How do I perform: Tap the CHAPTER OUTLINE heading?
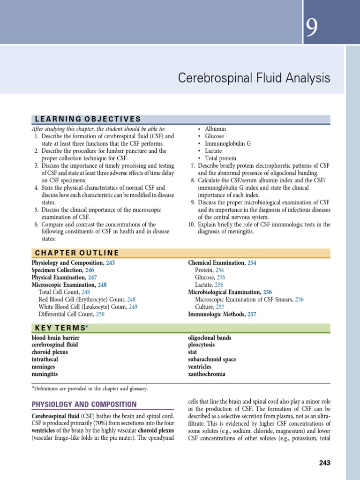pyautogui.click(x=77, y=253)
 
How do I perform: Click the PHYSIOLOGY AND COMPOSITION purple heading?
pyautogui.click(x=84, y=404)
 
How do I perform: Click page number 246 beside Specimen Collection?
pyautogui.click(x=89, y=270)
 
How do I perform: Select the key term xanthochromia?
pyautogui.click(x=207, y=374)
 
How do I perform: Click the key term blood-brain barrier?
pyautogui.click(x=55, y=337)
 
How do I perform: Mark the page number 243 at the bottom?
pyautogui.click(x=324, y=463)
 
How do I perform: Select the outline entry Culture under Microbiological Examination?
pyautogui.click(x=205, y=307)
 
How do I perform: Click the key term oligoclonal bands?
pyautogui.click(x=210, y=337)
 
